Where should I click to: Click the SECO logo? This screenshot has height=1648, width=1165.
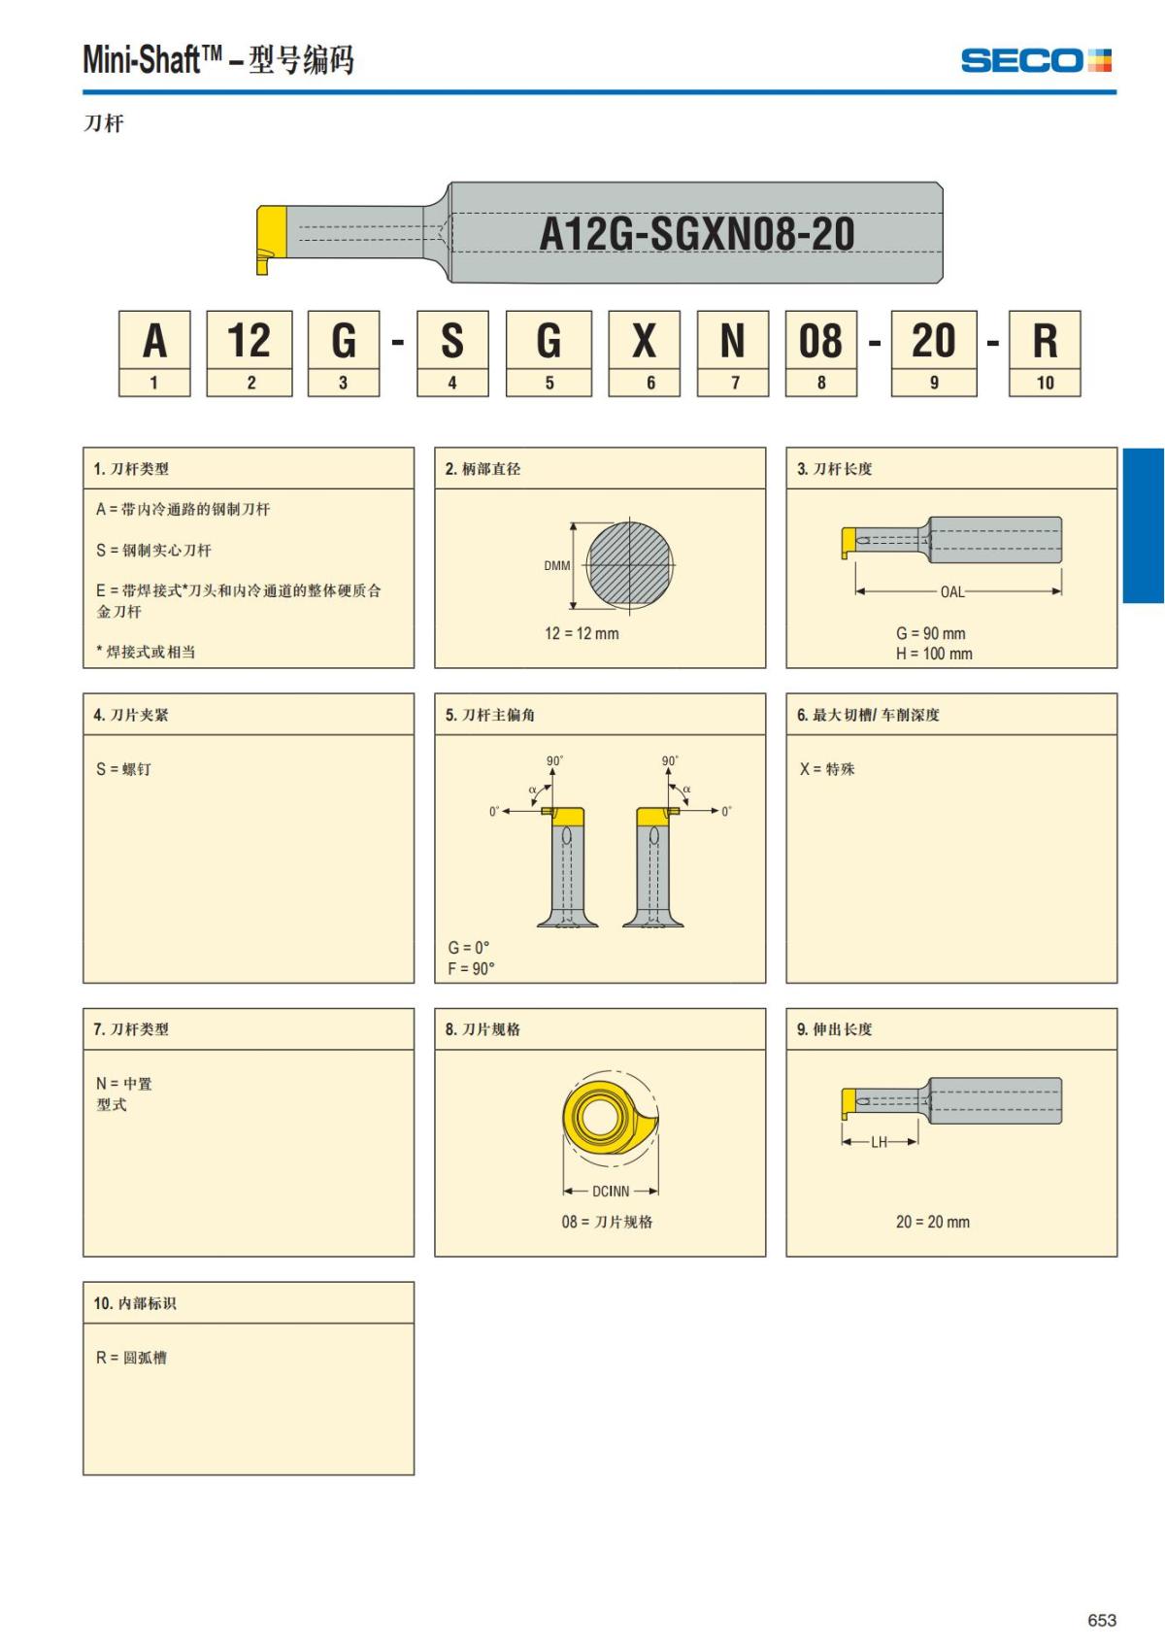1036,61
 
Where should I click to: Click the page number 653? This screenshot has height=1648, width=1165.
1102,1620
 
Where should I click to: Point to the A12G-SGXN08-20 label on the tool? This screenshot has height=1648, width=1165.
696,234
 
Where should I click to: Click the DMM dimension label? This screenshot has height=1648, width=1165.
557,566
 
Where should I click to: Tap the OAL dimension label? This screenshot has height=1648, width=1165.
952,591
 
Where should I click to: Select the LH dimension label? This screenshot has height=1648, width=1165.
879,1142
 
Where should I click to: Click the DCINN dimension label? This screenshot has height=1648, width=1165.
611,1192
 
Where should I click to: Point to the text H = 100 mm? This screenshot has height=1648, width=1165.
934,655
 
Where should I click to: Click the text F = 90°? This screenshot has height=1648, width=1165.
471,968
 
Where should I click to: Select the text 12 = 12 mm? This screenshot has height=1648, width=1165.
582,633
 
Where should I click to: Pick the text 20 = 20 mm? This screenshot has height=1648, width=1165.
932,1222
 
